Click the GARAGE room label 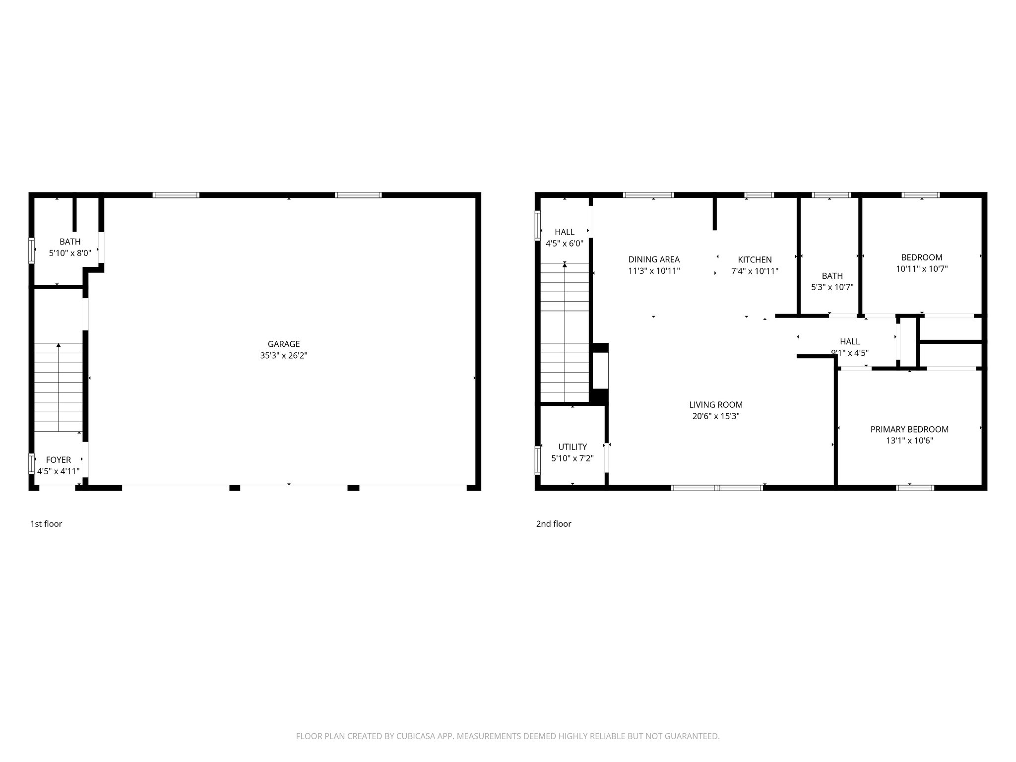[284, 344]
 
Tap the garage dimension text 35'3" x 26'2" [284, 356]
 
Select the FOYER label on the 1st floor [59, 460]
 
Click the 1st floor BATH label [70, 242]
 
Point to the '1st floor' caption [46, 524]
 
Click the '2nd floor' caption [554, 524]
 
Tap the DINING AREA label [654, 259]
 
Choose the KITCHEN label [755, 259]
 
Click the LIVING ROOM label [716, 405]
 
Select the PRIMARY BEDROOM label [909, 429]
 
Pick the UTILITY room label [572, 447]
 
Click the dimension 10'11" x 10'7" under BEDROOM [922, 269]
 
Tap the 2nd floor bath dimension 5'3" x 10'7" [832, 287]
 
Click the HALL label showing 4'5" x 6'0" [565, 232]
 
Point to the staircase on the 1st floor [59, 387]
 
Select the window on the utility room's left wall [538, 459]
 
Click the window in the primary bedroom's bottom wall [915, 488]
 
